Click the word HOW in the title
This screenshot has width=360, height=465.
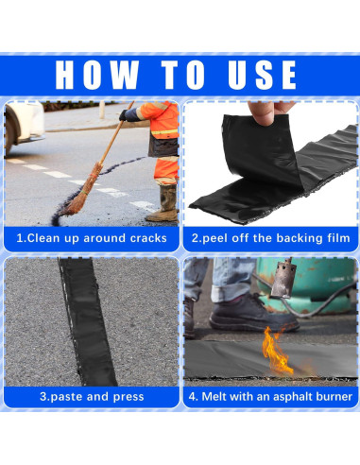97,75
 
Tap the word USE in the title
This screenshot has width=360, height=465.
262,75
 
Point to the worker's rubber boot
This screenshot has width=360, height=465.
163,203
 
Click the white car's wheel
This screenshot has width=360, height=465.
9,134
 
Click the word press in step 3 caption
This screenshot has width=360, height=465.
129,397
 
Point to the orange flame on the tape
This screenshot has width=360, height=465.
276,351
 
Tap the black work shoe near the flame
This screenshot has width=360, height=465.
253,313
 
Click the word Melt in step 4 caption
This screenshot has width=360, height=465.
214,396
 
